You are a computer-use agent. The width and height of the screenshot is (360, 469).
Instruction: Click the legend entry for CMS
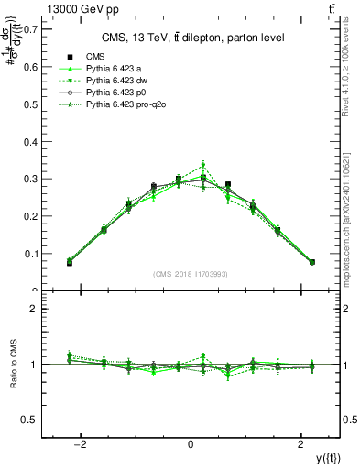pos(95,56)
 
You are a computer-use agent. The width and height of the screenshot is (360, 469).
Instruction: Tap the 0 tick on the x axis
pos(191,445)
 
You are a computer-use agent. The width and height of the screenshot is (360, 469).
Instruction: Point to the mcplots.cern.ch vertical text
pos(352,211)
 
